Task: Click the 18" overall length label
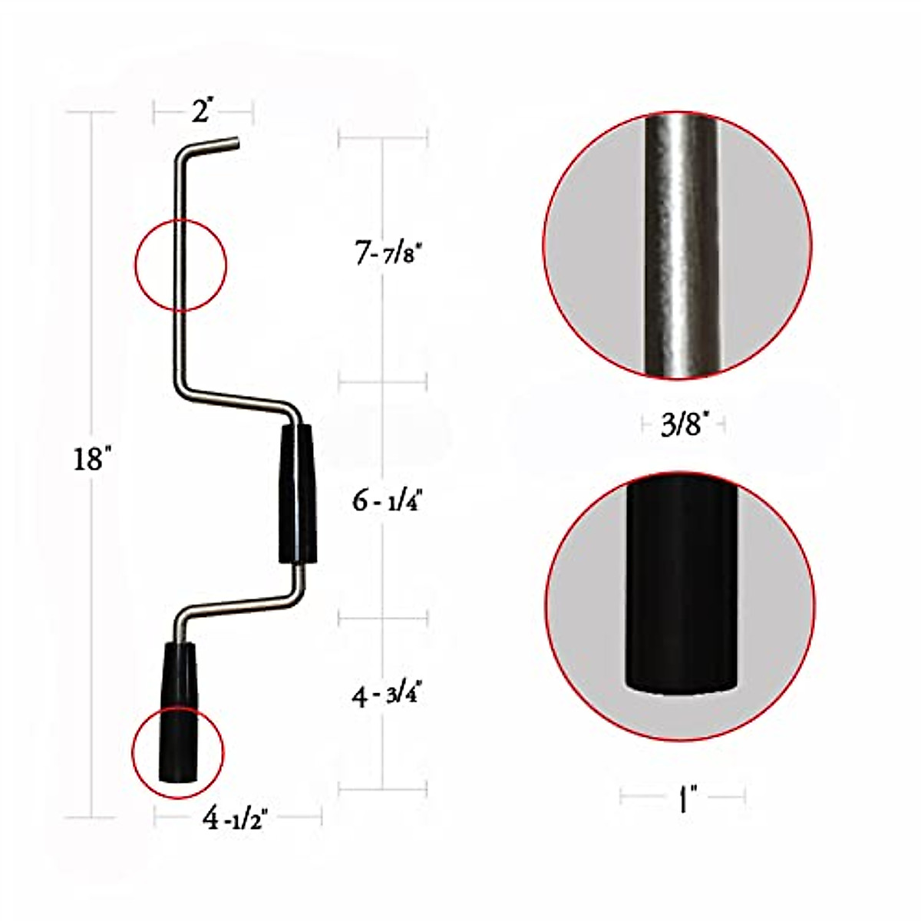tap(93, 460)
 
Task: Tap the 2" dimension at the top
tap(202, 113)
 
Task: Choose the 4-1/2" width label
tap(234, 819)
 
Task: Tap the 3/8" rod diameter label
tap(682, 424)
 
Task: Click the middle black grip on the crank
tap(297, 494)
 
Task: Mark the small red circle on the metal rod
tap(180, 266)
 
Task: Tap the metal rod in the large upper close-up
tap(681, 246)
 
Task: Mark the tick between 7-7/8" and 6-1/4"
tap(382, 381)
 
